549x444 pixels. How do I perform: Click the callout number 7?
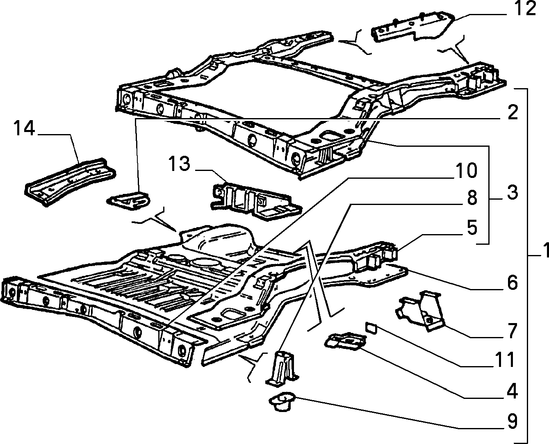click(512, 330)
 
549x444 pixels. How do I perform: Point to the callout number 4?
click(512, 391)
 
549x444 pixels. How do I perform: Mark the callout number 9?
click(512, 421)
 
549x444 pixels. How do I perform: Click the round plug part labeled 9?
click(282, 401)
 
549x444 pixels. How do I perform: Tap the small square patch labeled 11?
click(371, 328)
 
